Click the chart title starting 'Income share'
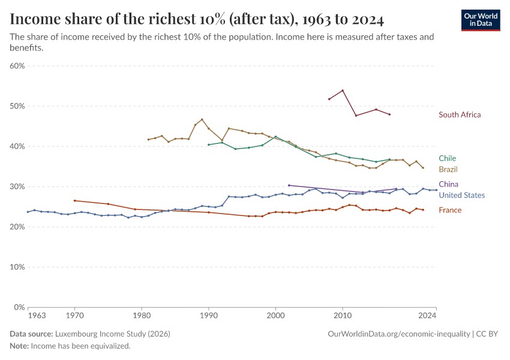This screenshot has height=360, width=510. click(197, 19)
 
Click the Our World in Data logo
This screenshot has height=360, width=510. click(481, 20)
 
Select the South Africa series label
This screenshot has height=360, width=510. click(460, 115)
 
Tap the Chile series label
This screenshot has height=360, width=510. click(447, 158)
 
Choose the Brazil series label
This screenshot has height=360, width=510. click(448, 169)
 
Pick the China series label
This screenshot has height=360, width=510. click(448, 184)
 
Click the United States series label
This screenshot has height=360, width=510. click(461, 195)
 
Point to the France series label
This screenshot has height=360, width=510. click(450, 210)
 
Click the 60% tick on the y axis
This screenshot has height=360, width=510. click(17, 66)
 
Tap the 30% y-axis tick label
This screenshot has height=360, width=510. click(17, 187)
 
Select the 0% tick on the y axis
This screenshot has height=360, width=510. click(19, 307)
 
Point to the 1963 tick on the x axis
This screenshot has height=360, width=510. click(37, 315)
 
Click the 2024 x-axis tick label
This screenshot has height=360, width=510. click(427, 315)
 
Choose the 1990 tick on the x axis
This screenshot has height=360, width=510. click(208, 315)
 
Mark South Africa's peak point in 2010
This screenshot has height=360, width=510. click(343, 91)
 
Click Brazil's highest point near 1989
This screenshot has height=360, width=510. click(202, 119)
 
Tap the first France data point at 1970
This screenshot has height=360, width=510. click(74, 200)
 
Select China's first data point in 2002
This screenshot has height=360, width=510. click(289, 185)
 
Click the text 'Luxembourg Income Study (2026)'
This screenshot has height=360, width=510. click(112, 334)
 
